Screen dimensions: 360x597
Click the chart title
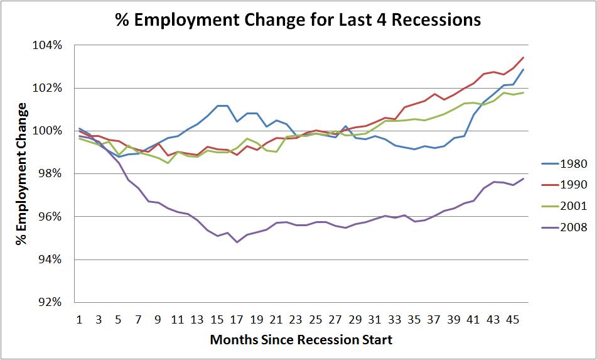[x=298, y=20]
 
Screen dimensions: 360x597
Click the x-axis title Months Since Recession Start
[x=301, y=340]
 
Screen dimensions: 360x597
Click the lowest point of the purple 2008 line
[x=237, y=242]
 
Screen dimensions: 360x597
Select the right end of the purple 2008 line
[x=524, y=178]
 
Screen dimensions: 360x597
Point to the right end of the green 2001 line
[x=524, y=93]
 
